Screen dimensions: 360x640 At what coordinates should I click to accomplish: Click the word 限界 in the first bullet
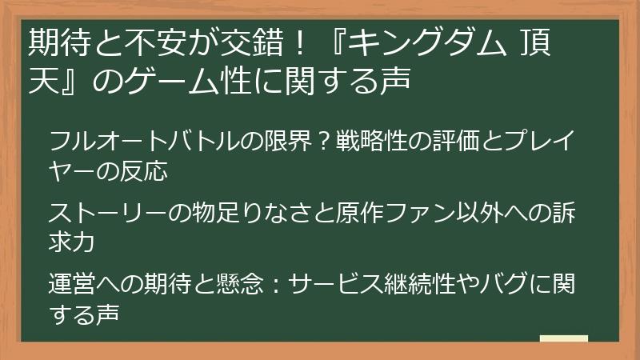290,142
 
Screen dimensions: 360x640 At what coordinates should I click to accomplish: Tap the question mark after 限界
323,142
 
